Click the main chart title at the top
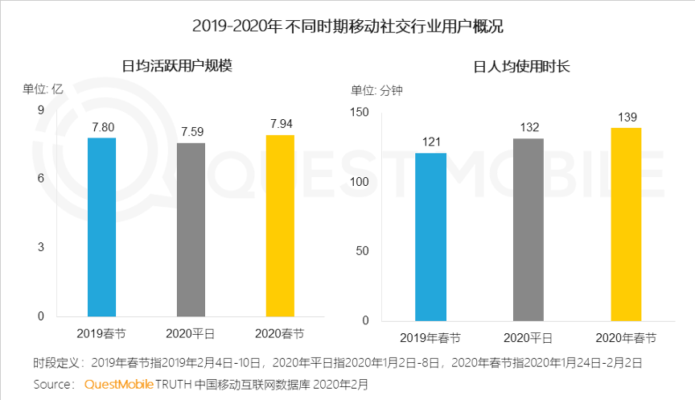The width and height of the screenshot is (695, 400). pyautogui.click(x=347, y=26)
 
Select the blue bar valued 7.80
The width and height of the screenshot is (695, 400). pyautogui.click(x=101, y=227)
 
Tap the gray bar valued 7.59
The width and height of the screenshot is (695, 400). pyautogui.click(x=191, y=229)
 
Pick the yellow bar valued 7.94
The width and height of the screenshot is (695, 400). pyautogui.click(x=280, y=225)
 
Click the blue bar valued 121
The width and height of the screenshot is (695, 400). pyautogui.click(x=430, y=236)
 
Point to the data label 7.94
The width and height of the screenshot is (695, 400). pyautogui.click(x=281, y=124)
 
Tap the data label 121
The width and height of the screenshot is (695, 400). pyautogui.click(x=431, y=142)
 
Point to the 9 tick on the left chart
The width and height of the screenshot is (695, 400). pyautogui.click(x=40, y=110)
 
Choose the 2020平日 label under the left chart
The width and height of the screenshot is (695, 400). pyautogui.click(x=191, y=333)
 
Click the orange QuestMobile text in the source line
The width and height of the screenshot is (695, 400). pyautogui.click(x=118, y=385)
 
